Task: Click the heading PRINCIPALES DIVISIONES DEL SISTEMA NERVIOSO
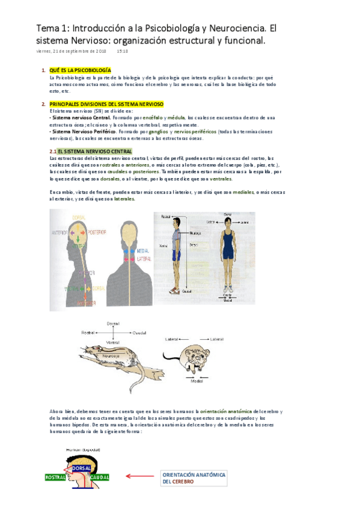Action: [x=107, y=104]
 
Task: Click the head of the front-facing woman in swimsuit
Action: [x=227, y=223]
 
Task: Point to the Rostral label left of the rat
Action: [x=89, y=331]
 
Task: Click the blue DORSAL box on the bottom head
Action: [x=81, y=468]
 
